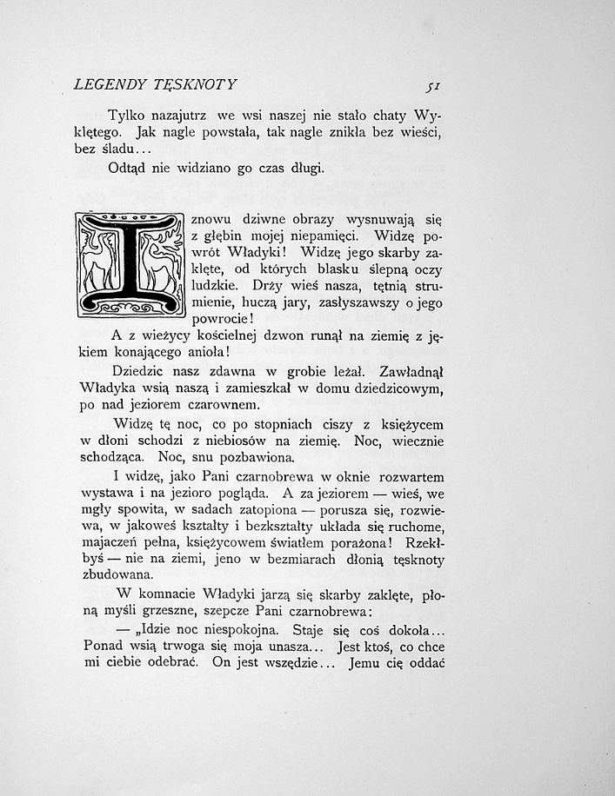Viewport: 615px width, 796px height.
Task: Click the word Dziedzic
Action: [143, 372]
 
